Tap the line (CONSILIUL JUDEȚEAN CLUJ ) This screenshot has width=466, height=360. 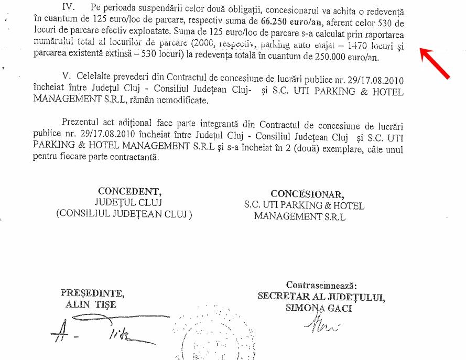[x=125, y=213]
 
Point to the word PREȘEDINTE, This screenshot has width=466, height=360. [x=92, y=292]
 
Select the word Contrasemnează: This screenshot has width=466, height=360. [x=321, y=285]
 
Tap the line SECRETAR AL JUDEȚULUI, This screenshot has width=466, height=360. [x=321, y=297]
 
